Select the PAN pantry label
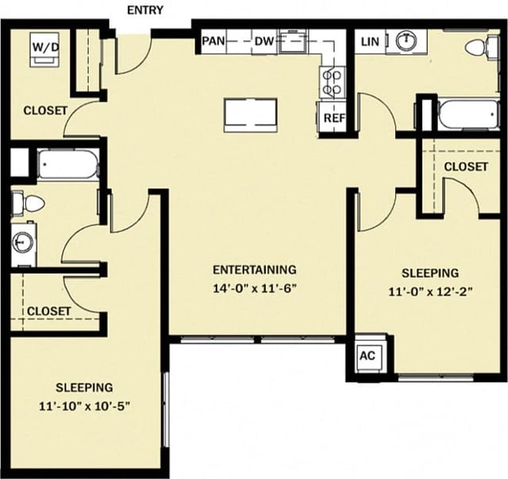pyautogui.click(x=212, y=41)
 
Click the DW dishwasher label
pyautogui.click(x=264, y=41)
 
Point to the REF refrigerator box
pyautogui.click(x=333, y=118)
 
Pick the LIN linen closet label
pyautogui.click(x=369, y=41)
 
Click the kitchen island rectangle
pyautogui.click(x=250, y=114)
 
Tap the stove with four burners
pyautogui.click(x=331, y=80)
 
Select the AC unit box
pyautogui.click(x=367, y=356)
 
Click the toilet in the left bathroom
pyautogui.click(x=29, y=203)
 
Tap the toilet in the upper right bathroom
pyautogui.click(x=479, y=47)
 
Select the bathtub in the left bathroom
pyautogui.click(x=67, y=165)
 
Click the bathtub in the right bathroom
pyautogui.click(x=468, y=114)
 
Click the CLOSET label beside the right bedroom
pyautogui.click(x=465, y=167)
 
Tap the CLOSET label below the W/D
pyautogui.click(x=45, y=110)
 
